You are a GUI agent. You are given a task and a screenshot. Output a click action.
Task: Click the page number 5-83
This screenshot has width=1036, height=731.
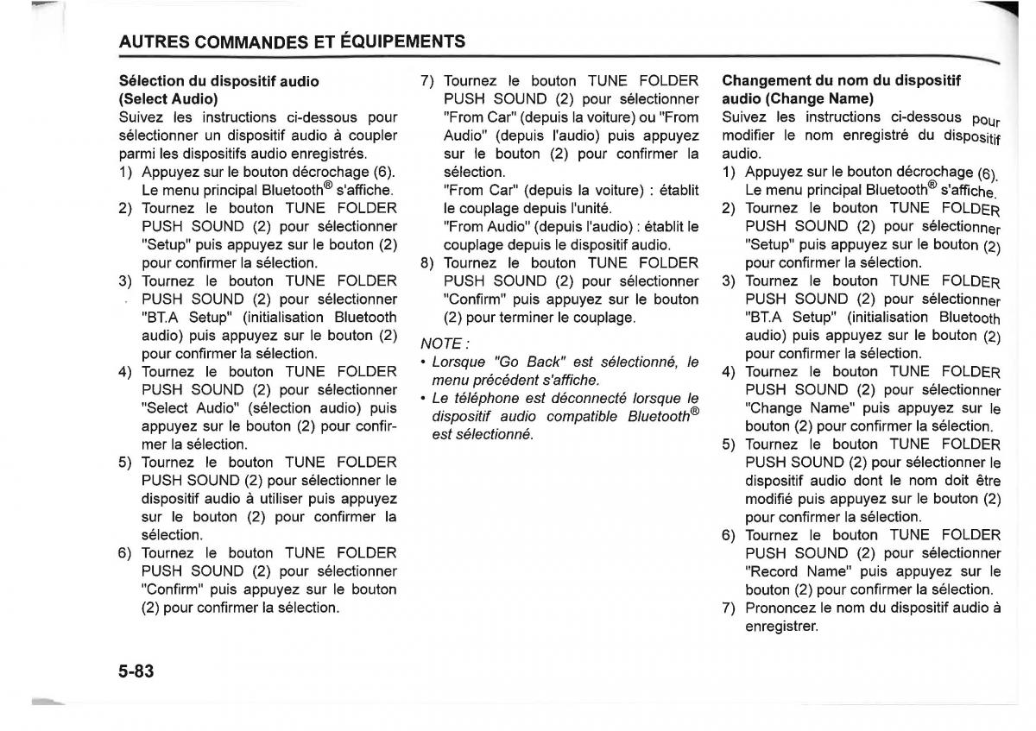click(136, 670)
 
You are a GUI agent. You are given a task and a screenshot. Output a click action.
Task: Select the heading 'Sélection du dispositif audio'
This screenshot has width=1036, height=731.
click(218, 81)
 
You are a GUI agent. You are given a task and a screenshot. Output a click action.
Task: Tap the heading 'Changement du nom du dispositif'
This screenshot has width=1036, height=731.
click(841, 80)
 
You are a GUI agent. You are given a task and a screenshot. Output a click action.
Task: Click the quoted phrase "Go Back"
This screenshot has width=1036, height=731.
click(529, 362)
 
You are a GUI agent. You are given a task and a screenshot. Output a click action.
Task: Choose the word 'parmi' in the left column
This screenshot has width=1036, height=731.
click(136, 154)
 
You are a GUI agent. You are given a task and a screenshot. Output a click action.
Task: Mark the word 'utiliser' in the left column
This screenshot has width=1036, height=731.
click(319, 498)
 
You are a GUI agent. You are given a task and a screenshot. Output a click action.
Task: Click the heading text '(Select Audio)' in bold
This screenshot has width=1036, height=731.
click(168, 98)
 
